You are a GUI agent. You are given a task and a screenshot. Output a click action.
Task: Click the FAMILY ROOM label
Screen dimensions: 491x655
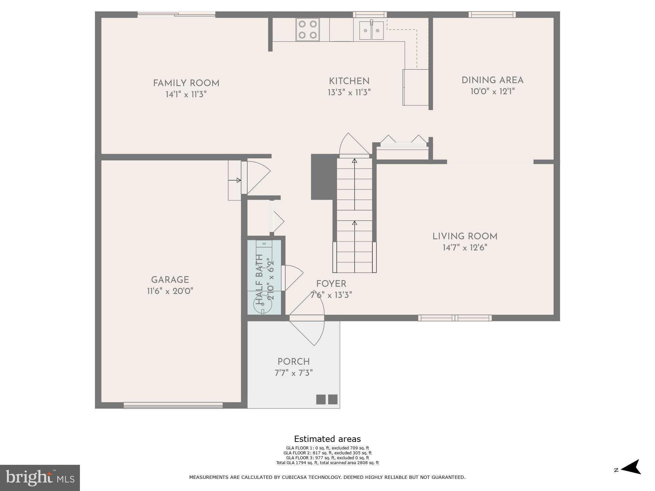click(186, 83)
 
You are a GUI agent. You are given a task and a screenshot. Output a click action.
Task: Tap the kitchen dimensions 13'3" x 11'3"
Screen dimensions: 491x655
click(349, 93)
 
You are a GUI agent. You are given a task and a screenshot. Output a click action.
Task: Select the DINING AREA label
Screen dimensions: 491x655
click(492, 80)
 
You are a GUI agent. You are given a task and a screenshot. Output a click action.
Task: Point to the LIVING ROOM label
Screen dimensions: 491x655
click(465, 236)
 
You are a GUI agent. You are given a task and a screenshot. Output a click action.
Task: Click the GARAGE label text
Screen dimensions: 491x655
click(170, 280)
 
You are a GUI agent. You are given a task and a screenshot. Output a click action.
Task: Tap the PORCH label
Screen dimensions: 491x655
click(293, 362)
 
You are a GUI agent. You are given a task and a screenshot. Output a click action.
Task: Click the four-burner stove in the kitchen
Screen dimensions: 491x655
click(308, 29)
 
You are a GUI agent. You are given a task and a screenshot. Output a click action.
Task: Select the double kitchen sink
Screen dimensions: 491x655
click(371, 30)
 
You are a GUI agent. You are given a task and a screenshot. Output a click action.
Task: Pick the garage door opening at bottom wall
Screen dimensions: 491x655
click(173, 405)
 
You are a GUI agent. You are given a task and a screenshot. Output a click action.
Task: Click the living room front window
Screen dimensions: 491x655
click(455, 318)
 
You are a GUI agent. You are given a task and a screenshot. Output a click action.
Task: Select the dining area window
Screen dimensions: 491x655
click(492, 14)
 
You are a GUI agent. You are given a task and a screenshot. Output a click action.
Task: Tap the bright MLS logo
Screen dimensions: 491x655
click(40, 478)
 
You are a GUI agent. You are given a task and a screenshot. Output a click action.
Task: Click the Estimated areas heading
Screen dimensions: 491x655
click(327, 439)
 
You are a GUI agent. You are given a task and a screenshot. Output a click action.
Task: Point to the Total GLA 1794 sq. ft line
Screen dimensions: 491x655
click(327, 463)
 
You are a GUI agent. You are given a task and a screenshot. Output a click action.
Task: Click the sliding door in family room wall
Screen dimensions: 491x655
click(176, 14)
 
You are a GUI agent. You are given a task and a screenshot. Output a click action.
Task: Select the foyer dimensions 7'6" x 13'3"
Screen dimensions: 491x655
click(331, 295)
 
